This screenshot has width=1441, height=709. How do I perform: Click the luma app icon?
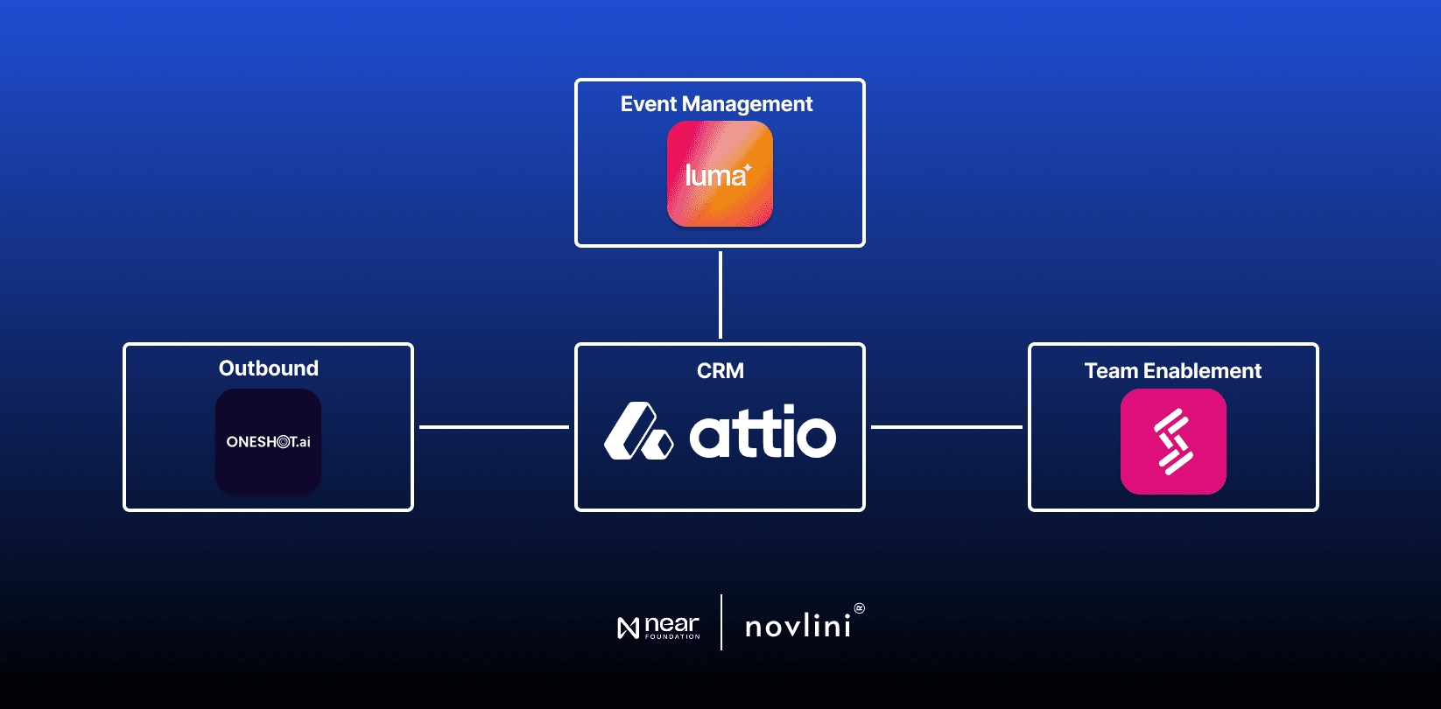coord(720,174)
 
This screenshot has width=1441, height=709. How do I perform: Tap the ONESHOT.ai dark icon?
coord(268,441)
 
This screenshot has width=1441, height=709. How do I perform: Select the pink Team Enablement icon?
coord(1173,441)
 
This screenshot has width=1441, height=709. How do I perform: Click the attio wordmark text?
coord(763,432)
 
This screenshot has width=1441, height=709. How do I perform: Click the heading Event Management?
coord(716,104)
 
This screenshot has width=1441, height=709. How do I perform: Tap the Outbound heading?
coord(268,369)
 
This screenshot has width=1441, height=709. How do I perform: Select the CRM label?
coord(720,371)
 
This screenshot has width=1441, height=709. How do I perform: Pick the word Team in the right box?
coord(1111,371)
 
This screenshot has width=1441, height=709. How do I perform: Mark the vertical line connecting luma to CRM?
coord(720,295)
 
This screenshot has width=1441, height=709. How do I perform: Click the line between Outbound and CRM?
coord(494,427)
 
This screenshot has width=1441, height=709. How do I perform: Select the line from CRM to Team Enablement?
coord(946,427)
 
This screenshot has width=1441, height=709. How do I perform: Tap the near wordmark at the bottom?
coord(671,625)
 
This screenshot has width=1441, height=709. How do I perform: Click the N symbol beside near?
coord(628,628)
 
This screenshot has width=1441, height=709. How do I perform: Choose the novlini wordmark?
coord(798,626)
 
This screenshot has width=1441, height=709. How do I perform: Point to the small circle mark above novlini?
coord(859,607)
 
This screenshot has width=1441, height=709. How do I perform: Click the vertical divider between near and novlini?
coord(721,622)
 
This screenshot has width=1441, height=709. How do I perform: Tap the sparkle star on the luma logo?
coord(748,166)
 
